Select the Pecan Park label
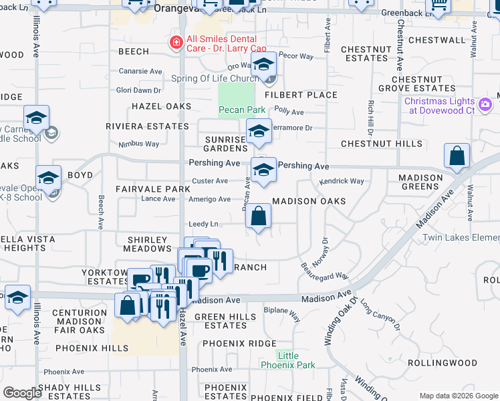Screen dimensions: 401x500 [233, 110]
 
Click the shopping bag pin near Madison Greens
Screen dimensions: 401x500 [457, 156]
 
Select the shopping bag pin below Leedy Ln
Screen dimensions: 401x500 [258, 217]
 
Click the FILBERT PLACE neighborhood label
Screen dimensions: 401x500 [301, 95]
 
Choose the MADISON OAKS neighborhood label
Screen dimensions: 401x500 [309, 201]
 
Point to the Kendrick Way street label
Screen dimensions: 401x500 [341, 181]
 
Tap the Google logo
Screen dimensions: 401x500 [23, 393]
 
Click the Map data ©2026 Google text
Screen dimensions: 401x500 [458, 396]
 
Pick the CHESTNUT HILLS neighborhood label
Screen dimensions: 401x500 [381, 144]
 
